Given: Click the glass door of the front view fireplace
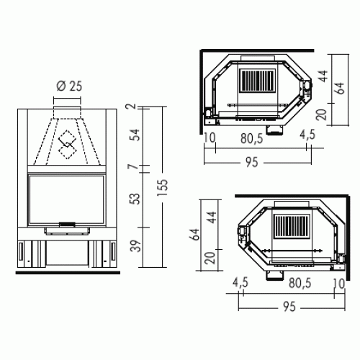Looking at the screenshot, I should (66, 199).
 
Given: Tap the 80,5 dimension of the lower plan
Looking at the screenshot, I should (298, 282).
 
